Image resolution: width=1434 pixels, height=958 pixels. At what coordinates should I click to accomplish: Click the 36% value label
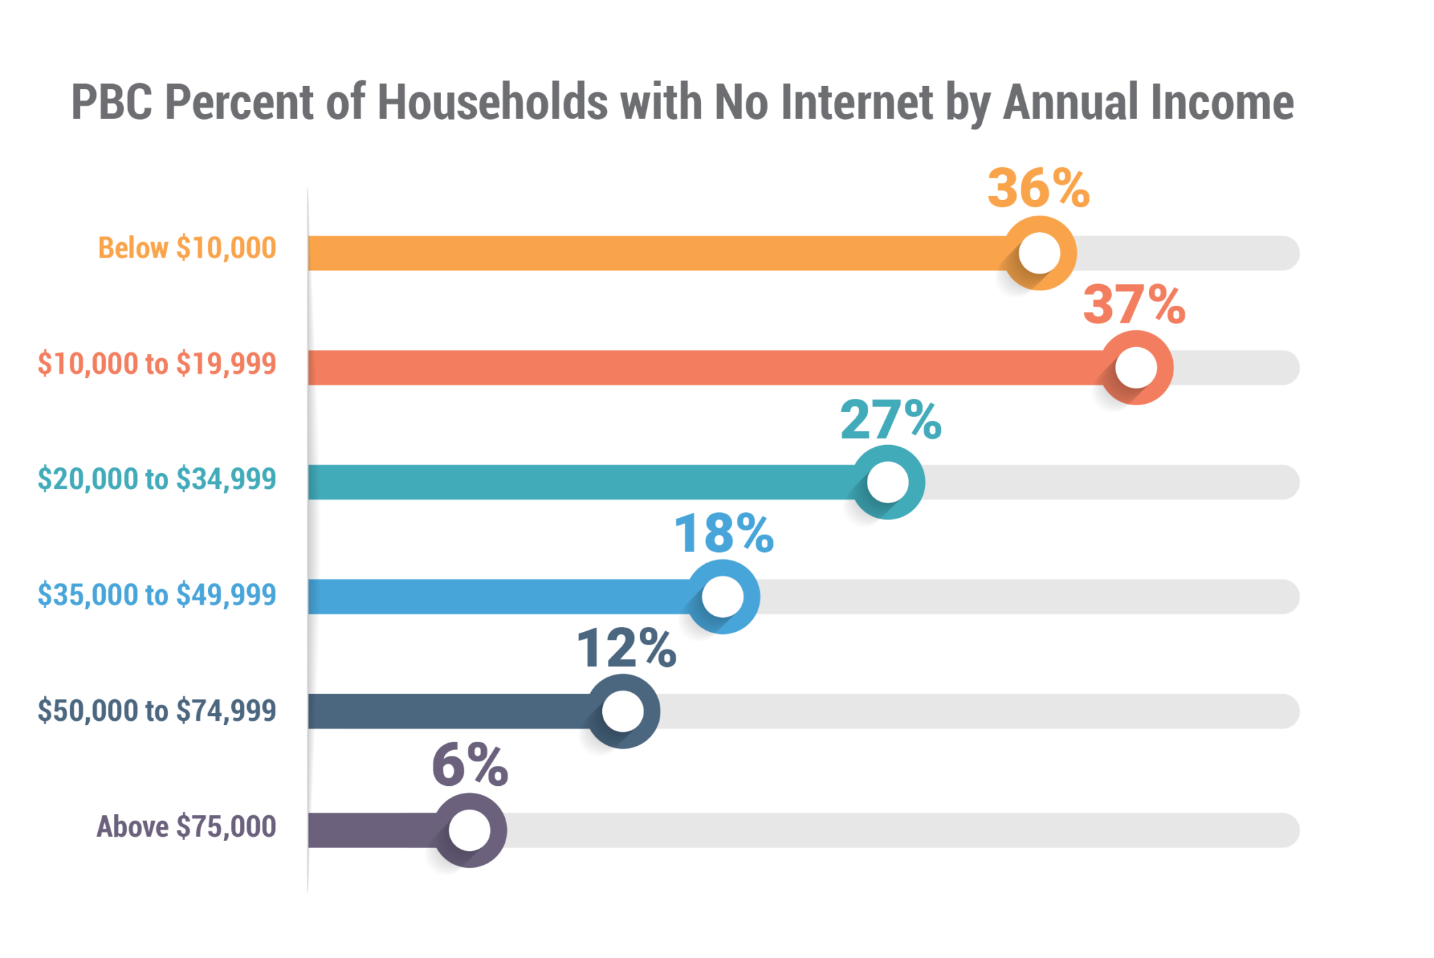(x=1038, y=188)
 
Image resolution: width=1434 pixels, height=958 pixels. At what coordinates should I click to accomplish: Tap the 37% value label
(x=1134, y=304)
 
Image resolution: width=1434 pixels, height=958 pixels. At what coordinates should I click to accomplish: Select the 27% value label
(x=891, y=420)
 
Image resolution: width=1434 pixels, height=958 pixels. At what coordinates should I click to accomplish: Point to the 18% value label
(x=724, y=534)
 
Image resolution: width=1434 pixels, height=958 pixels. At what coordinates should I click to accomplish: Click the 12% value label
(x=627, y=649)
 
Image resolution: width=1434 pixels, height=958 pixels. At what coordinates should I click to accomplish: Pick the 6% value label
(x=469, y=766)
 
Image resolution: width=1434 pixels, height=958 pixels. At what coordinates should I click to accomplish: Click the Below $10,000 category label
(x=187, y=248)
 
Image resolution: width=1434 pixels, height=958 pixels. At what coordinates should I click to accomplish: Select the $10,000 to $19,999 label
(x=157, y=364)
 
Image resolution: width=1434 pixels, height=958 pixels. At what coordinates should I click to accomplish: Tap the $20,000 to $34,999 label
(x=157, y=479)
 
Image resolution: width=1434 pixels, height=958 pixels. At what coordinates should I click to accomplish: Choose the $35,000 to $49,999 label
(x=157, y=595)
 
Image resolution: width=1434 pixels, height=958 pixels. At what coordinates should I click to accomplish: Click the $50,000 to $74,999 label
(x=157, y=711)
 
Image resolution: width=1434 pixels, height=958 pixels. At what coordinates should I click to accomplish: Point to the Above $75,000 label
(x=186, y=826)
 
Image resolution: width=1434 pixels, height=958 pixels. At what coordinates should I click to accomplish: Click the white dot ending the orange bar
(x=1039, y=253)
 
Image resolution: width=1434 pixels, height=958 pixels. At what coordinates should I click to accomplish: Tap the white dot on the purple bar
(x=469, y=831)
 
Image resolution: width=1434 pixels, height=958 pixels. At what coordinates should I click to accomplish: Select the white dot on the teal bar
(x=888, y=482)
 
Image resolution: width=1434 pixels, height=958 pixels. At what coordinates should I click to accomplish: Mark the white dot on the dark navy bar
(x=622, y=712)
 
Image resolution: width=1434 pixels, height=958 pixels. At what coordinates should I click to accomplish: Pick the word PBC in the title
(x=112, y=103)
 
